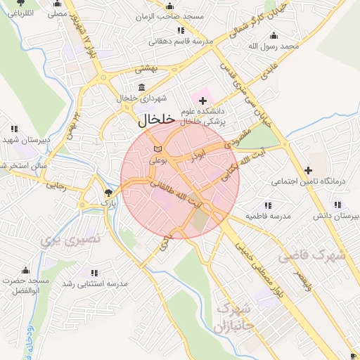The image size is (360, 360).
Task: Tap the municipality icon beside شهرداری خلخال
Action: [143, 87]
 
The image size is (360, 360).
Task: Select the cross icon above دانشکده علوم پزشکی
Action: [203, 101]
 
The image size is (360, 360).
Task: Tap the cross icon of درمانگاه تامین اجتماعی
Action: [308, 170]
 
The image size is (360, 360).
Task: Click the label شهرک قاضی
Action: [312, 256]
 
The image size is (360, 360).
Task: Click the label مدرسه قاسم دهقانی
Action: [181, 41]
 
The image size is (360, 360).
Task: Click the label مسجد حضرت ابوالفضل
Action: [25, 285]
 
